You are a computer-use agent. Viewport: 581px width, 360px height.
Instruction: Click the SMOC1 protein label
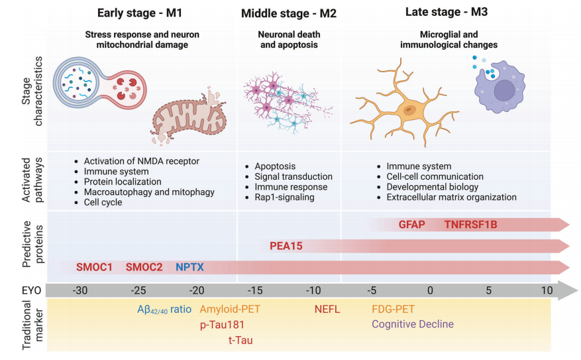(x=94, y=267)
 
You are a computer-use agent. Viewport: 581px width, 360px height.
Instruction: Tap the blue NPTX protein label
(x=189, y=267)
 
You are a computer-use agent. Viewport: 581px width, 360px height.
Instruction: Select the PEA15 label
(x=286, y=246)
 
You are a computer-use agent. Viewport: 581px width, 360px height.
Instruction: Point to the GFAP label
(x=411, y=224)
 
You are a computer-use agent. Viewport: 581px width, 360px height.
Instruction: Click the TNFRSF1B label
(x=470, y=224)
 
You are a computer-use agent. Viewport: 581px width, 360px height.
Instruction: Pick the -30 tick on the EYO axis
(x=79, y=290)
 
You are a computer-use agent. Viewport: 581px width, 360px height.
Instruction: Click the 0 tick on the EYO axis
(x=430, y=290)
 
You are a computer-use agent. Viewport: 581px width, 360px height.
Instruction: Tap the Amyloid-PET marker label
(x=230, y=309)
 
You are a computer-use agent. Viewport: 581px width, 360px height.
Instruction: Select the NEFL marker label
(x=327, y=309)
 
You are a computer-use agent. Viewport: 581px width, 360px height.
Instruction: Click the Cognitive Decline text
(x=413, y=324)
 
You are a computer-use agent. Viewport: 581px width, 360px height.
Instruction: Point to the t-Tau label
(x=240, y=341)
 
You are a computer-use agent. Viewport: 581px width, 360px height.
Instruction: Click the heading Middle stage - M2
(x=288, y=13)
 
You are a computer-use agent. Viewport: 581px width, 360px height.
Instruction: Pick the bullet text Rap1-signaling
(x=284, y=197)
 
